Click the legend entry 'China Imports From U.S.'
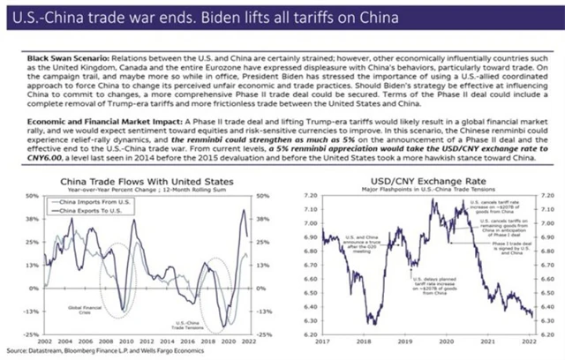click(84, 203)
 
